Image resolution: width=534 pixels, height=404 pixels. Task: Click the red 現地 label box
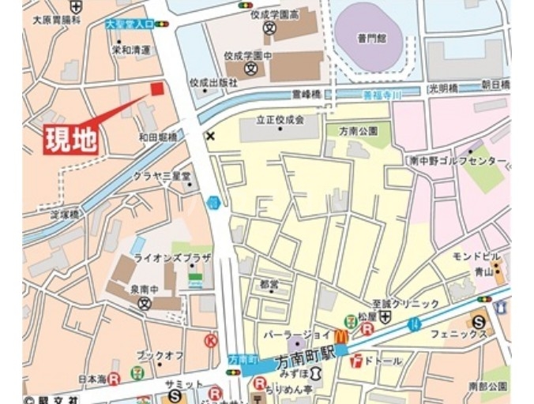(70, 140)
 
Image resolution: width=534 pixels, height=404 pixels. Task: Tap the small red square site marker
(157, 88)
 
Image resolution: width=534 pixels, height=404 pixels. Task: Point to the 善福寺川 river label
(382, 95)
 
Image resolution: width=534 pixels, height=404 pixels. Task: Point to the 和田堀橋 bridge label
(158, 137)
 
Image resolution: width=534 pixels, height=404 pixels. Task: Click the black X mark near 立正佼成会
(209, 136)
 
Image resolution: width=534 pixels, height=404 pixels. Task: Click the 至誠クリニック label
(406, 304)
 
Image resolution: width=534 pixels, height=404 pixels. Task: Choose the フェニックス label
(458, 335)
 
